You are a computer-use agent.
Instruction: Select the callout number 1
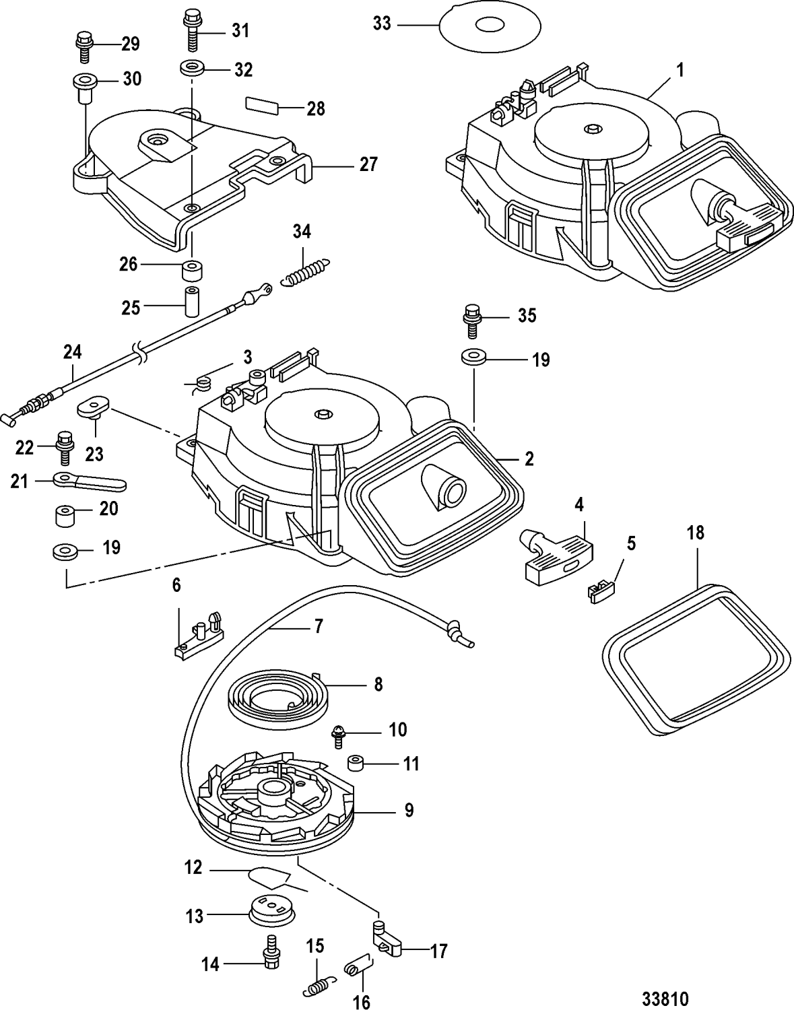coord(680,70)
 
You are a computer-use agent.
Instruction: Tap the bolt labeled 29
coord(84,45)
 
